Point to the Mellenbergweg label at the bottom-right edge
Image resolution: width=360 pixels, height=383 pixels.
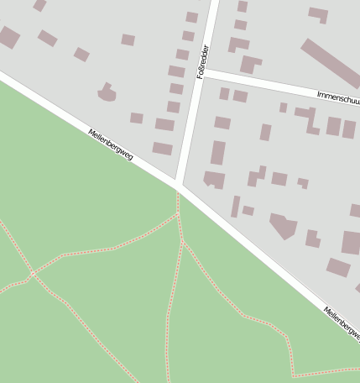pos(341,323)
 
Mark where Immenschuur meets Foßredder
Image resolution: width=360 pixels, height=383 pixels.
pos(205,74)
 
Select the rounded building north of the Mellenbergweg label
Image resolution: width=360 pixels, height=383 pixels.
pos(107,92)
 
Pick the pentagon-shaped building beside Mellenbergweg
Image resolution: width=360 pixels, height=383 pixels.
pos(284,225)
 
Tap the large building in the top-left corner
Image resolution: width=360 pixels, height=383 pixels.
pos(8,37)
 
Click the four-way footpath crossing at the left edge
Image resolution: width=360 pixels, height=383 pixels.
pos(33,274)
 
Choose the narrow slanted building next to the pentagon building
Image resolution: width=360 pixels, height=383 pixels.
pos(236,206)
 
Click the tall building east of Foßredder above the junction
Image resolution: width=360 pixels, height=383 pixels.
pos(218,153)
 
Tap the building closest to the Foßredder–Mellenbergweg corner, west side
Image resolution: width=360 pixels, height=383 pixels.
pos(162,149)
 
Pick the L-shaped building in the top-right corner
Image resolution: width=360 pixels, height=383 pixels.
pos(318,14)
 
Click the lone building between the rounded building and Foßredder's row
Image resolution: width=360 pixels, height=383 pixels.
pos(136,118)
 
